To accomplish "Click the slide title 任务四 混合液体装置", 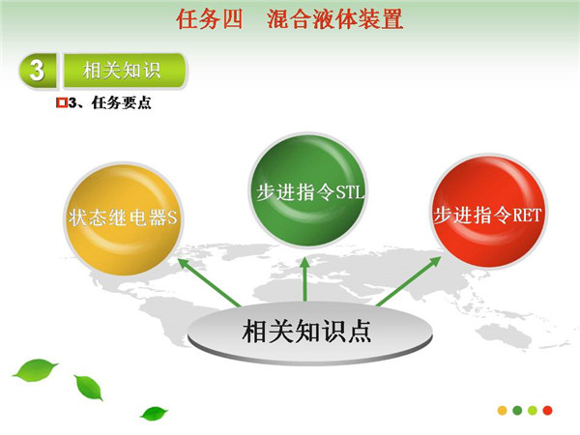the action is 290,19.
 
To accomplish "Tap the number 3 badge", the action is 38,71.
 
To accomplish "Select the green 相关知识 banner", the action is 125,71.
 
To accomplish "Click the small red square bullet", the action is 62,102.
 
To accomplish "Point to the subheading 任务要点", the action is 122,102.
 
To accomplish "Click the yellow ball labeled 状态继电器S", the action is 124,219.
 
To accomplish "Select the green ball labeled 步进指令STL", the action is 307,190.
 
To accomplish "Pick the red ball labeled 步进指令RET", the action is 489,212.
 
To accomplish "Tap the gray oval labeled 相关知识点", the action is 310,333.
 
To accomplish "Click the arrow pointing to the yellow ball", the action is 209,282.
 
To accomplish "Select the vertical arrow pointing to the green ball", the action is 304,279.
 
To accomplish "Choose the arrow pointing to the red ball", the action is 409,282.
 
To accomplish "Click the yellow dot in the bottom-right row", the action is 503,410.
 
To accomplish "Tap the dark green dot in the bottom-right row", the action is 517,410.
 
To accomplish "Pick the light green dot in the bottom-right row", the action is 533,410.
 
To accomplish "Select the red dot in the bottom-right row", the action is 548,410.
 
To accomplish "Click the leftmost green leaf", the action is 36,370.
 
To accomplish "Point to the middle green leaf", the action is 89,388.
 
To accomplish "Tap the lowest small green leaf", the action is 154,414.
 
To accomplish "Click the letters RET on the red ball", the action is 528,215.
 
